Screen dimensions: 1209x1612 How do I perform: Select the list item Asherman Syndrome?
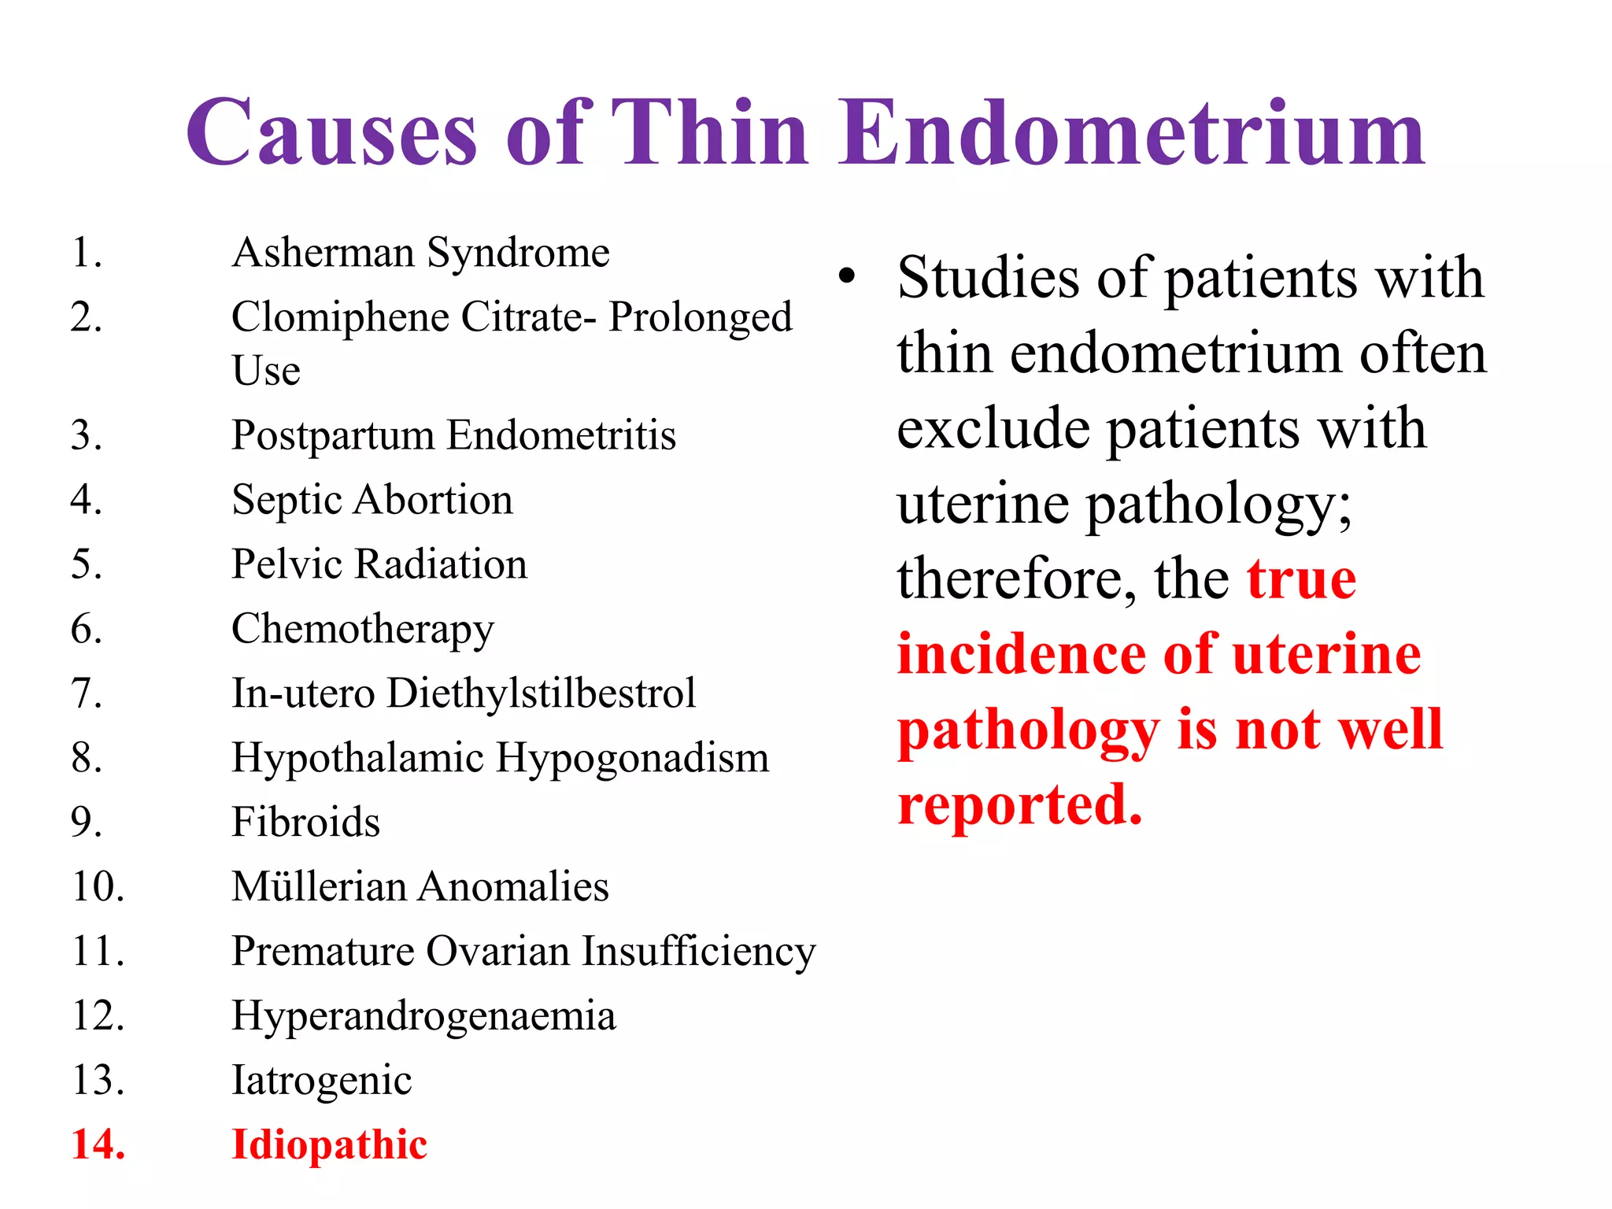pos(420,253)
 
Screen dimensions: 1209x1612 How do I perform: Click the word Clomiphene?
pos(340,318)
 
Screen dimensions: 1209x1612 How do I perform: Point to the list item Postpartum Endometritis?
pos(453,435)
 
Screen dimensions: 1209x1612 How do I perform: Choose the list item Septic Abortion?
pos(372,501)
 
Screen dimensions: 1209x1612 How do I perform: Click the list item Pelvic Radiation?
pos(379,564)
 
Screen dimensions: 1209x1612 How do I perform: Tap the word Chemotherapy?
pos(362,630)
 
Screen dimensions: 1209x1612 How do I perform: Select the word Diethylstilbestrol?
pos(542,693)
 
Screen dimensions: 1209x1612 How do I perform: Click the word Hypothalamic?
pos(357,759)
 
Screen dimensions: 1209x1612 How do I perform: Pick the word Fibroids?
pos(305,823)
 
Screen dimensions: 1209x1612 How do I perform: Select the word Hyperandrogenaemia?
pos(423,1016)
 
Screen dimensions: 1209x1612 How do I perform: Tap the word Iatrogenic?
pos(321,1081)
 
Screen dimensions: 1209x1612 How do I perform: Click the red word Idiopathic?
pos(329,1145)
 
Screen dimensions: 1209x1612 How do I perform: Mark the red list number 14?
pos(98,1145)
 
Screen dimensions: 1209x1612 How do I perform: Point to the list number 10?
pos(98,887)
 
